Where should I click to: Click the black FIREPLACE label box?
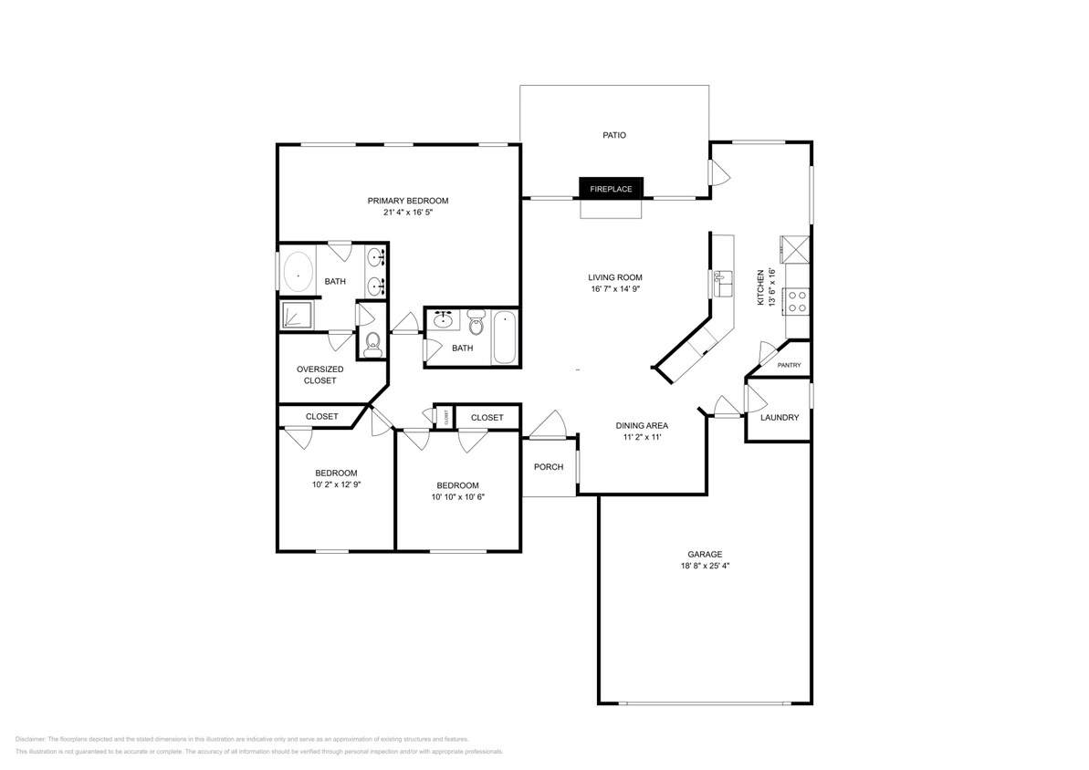pos(611,189)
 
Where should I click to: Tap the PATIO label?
pos(613,135)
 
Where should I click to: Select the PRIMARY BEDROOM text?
pos(408,201)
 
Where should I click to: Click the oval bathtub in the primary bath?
pos(298,271)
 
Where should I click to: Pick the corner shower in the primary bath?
pos(296,316)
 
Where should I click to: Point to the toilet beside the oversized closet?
pos(372,343)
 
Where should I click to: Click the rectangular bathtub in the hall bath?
pos(504,337)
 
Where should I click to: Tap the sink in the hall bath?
pos(445,319)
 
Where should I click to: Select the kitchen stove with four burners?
pos(797,301)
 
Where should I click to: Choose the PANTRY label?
pos(789,365)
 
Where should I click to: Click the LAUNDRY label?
pos(780,418)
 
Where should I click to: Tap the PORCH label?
pos(548,467)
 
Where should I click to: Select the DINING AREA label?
pos(642,425)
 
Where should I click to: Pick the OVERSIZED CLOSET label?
pos(319,375)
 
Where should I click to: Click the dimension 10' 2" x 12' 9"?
pos(336,485)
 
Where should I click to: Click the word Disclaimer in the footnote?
pos(30,739)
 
